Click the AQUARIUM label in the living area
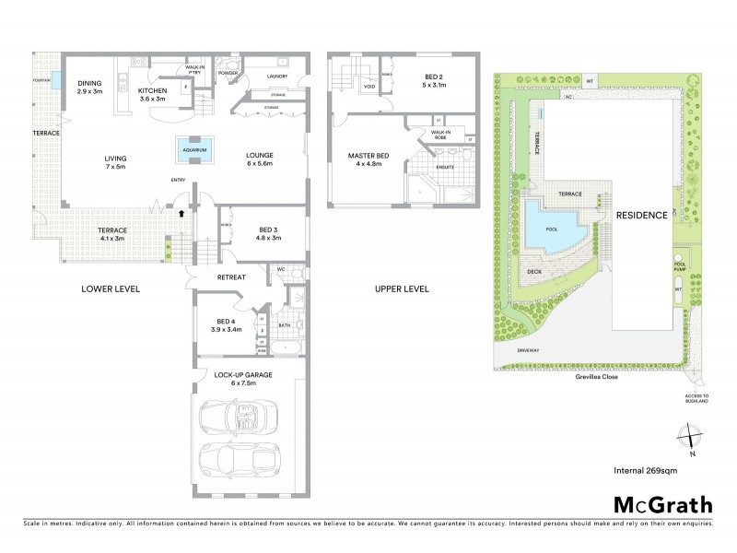[194, 148]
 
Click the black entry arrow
[181, 212]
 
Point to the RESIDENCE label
[641, 214]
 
